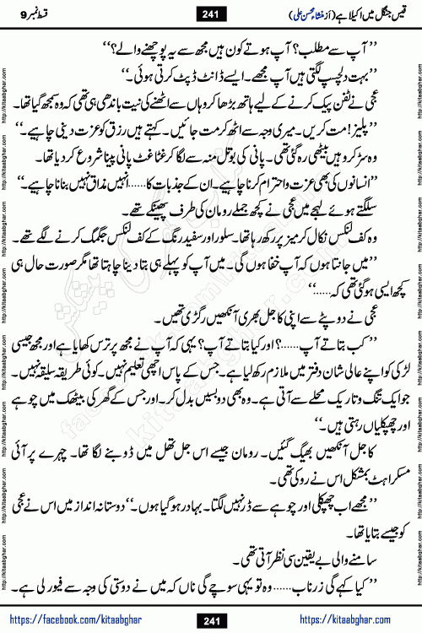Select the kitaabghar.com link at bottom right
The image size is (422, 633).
pyautogui.click(x=354, y=620)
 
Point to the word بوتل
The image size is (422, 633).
pyautogui.click(x=235, y=158)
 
